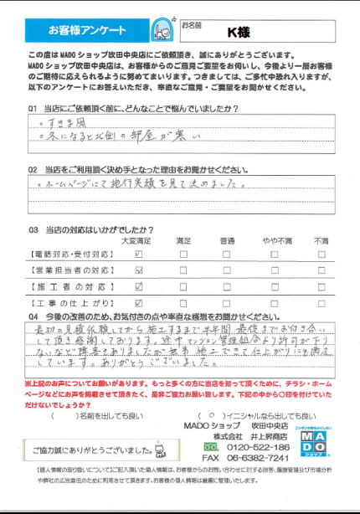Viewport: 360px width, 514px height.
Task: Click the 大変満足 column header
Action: [138, 241]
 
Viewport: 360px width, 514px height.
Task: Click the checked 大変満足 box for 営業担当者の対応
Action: [138, 270]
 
